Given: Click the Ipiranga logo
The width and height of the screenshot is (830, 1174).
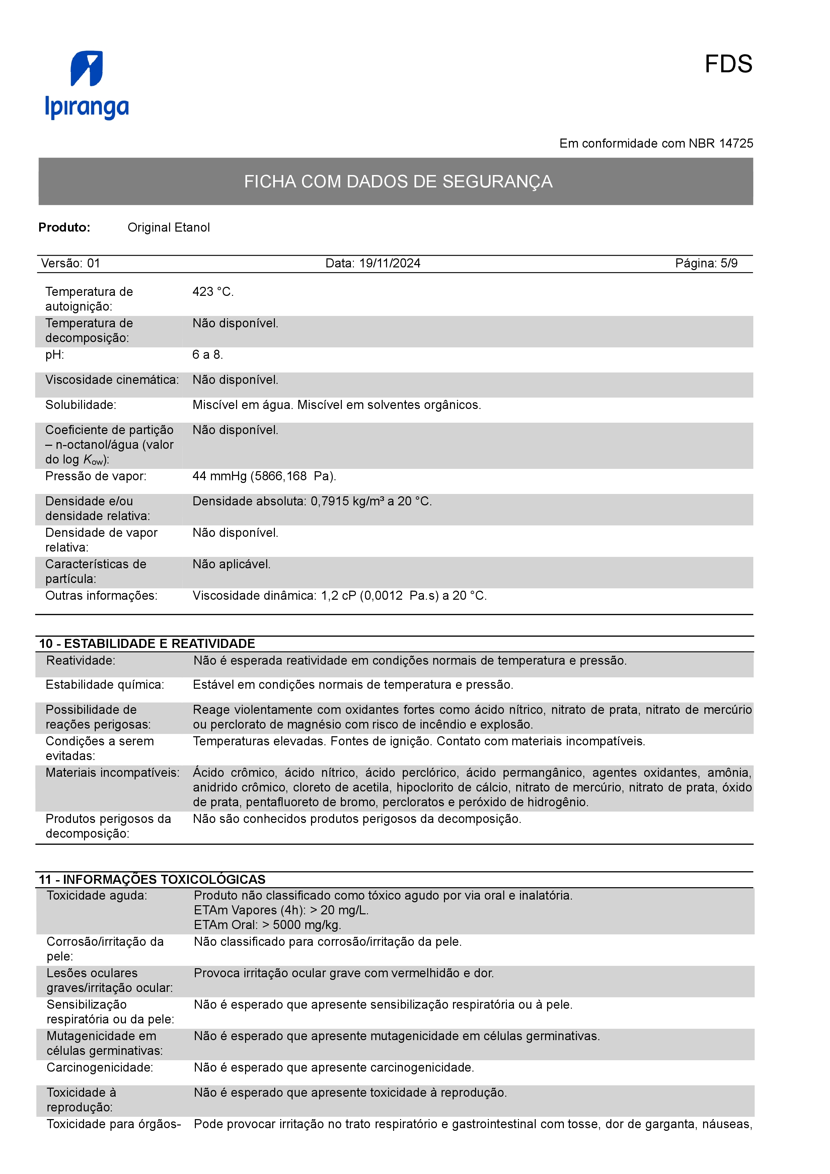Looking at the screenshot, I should [87, 85].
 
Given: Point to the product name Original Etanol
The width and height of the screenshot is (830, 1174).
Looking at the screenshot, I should [168, 228].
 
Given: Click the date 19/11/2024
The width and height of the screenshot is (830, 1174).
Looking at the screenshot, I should [390, 263].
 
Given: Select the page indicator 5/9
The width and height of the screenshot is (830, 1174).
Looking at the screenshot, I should [729, 263].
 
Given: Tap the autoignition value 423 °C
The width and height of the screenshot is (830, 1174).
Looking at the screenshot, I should [212, 292].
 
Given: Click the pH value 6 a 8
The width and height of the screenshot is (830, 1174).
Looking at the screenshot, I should [207, 355].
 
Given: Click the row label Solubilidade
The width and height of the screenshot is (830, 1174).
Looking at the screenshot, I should [81, 405].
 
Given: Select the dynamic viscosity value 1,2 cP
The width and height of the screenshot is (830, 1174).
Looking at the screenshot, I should [338, 596].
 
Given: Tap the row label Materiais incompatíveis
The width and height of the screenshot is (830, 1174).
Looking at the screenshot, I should [112, 773].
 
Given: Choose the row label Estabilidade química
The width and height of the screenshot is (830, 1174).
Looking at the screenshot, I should [105, 685].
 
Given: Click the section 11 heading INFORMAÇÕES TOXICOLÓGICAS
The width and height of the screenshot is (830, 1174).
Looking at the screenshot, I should [164, 879].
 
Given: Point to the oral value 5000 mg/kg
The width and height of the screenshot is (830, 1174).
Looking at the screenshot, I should [306, 925].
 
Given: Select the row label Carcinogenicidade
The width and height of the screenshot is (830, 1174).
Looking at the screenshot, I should [100, 1068].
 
